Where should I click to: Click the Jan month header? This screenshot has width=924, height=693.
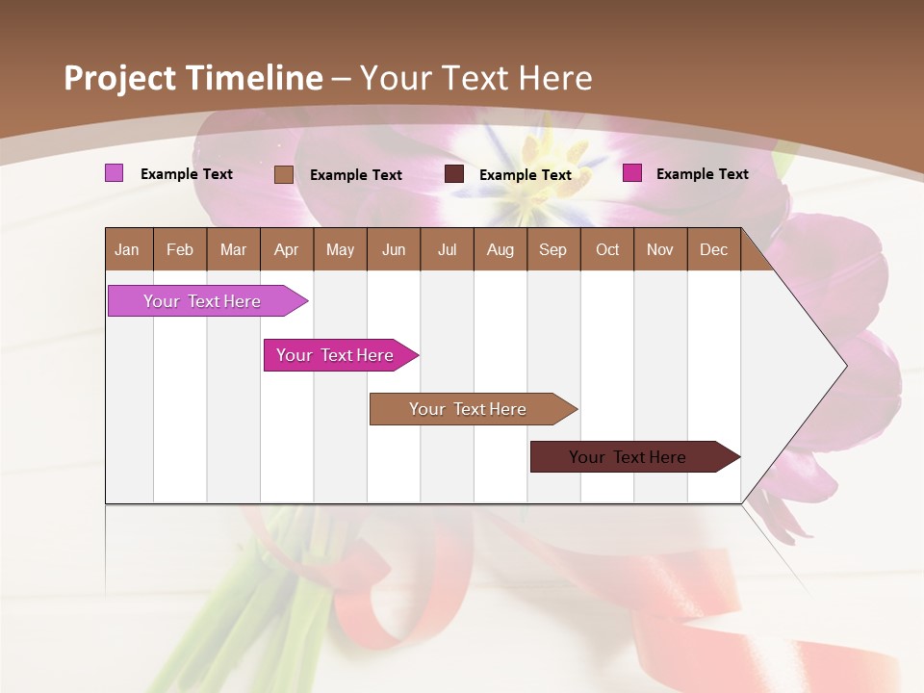point(127,250)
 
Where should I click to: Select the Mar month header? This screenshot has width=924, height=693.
point(233,250)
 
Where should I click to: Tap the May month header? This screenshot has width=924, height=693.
point(340,250)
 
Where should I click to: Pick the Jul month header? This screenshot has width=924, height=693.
point(447,250)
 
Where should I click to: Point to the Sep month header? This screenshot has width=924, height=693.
point(552,250)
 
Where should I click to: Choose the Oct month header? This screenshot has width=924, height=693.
point(607,250)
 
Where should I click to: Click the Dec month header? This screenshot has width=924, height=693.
point(713,250)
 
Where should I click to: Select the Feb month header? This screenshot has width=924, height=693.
point(180,250)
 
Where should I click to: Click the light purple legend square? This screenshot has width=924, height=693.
point(114,173)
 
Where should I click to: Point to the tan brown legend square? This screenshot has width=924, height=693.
point(283,174)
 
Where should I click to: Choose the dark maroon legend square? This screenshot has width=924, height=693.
point(454,174)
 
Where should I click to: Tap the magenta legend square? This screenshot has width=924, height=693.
point(631,173)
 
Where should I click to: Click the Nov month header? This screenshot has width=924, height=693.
point(660,250)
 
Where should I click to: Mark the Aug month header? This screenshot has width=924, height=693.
point(500,250)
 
